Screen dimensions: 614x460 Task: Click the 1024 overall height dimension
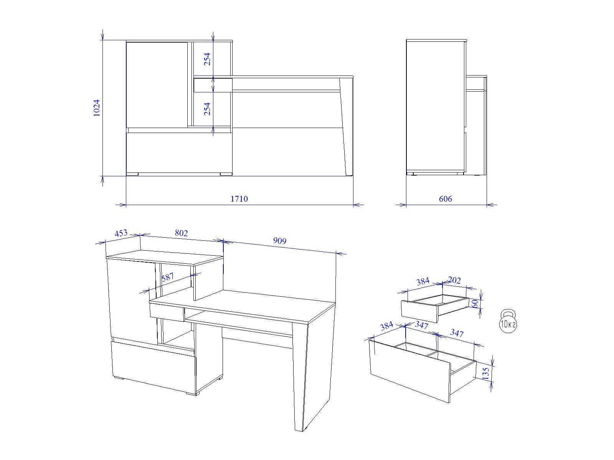click(x=96, y=108)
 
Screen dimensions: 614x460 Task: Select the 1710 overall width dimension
click(x=239, y=199)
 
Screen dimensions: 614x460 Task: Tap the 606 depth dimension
click(x=445, y=199)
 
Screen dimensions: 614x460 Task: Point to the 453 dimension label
click(x=121, y=233)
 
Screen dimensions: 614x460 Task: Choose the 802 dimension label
click(x=181, y=233)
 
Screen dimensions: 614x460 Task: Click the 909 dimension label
click(x=280, y=240)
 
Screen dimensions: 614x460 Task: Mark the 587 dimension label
click(x=168, y=277)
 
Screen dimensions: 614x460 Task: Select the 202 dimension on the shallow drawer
click(x=454, y=280)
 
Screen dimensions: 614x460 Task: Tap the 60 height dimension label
click(x=475, y=303)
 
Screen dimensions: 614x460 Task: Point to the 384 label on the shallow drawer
click(x=423, y=281)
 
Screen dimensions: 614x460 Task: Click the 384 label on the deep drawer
click(x=386, y=326)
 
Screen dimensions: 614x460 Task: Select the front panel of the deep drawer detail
click(x=410, y=371)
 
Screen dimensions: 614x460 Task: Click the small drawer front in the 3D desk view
click(x=167, y=312)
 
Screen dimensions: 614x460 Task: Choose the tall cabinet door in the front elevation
click(x=157, y=85)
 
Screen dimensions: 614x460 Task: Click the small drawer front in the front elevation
click(x=213, y=85)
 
